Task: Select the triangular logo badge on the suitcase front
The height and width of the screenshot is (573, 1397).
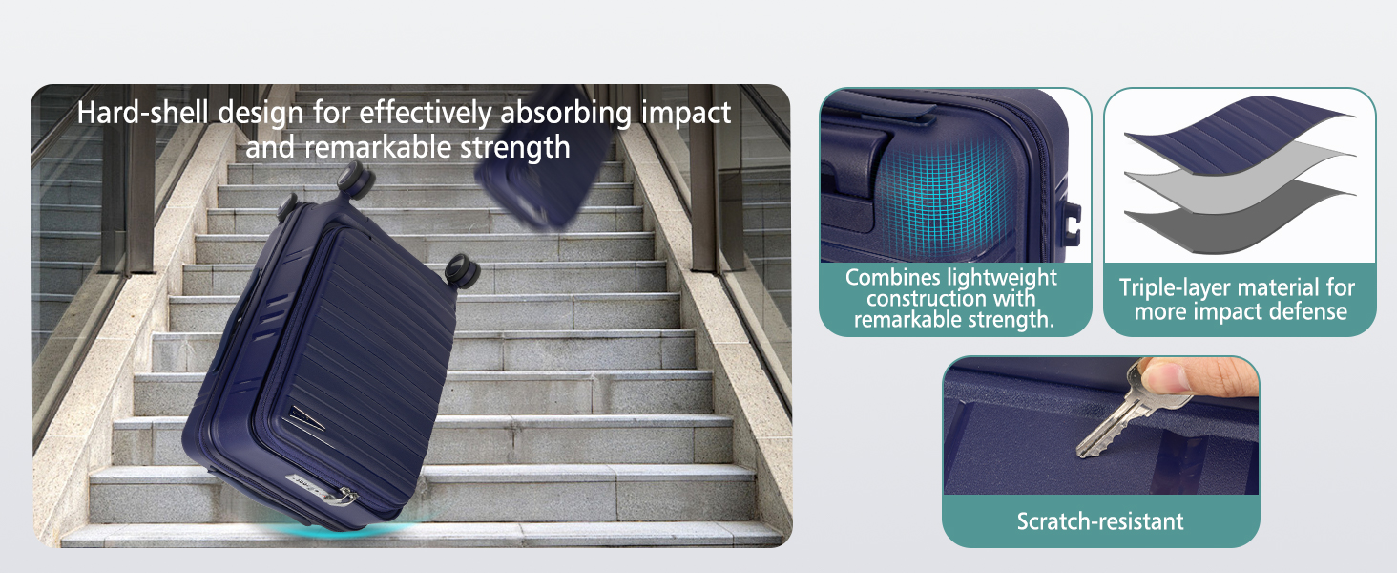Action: [305, 417]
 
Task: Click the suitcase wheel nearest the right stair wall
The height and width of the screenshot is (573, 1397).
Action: [462, 270]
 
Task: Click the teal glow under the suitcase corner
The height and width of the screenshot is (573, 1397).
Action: [349, 529]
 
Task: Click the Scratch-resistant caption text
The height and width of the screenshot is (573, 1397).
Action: [1100, 521]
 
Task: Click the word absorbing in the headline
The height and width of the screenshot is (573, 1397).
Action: [566, 113]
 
